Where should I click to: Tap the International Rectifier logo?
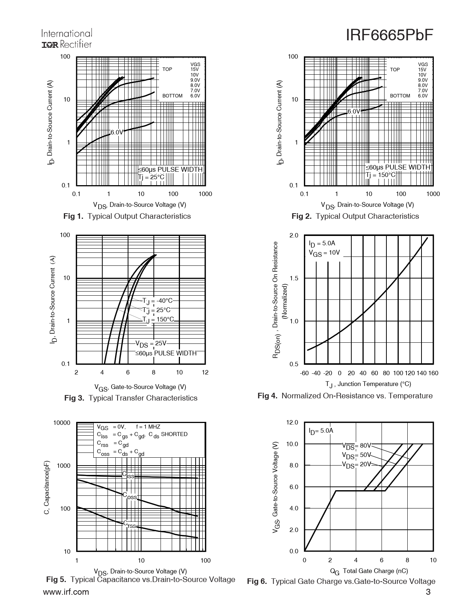tap(66, 39)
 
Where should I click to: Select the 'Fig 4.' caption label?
tap(267, 396)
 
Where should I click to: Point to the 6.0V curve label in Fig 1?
tap(117, 132)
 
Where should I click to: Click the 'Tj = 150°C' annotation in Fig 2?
tap(380, 175)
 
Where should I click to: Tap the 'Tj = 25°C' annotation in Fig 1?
tap(151, 177)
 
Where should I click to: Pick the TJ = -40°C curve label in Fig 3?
tap(158, 301)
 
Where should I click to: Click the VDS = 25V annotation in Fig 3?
tap(150, 344)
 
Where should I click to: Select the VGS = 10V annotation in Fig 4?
tap(324, 253)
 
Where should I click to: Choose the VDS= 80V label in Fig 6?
tap(357, 446)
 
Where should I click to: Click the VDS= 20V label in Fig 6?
tap(357, 465)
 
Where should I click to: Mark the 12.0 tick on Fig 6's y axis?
tap(292, 423)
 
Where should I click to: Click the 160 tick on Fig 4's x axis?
tap(433, 373)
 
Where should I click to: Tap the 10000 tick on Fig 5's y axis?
tap(62, 423)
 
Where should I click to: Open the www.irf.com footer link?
tap(66, 592)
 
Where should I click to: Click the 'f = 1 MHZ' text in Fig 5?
tap(148, 427)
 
